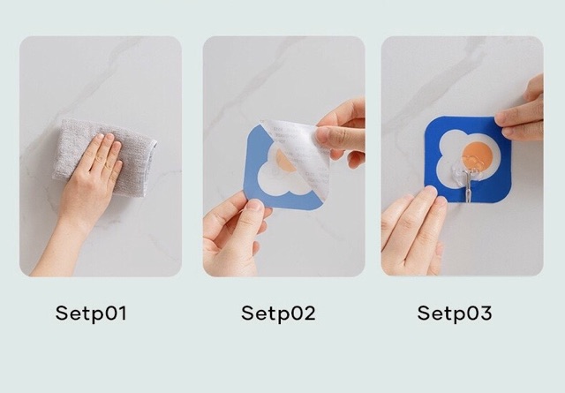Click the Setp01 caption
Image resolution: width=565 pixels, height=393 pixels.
click(x=91, y=313)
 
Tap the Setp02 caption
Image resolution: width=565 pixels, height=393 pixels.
click(x=278, y=313)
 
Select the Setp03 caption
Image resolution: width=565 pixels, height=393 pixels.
click(x=455, y=313)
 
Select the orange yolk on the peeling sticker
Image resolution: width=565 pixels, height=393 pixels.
click(x=284, y=162)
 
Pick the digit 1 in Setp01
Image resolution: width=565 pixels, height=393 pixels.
click(x=122, y=313)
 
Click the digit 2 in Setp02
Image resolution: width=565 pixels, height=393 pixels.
click(x=308, y=313)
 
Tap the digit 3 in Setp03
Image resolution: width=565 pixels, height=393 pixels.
click(x=485, y=313)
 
